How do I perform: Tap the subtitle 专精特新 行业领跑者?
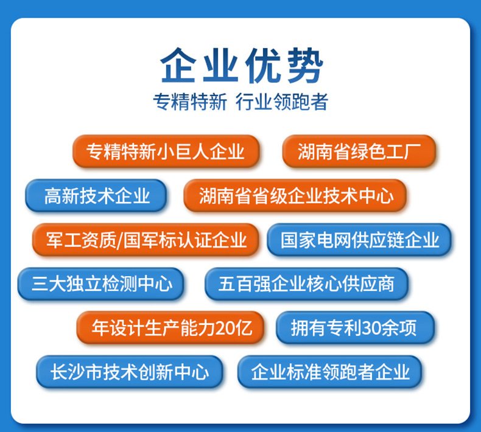pos(240,102)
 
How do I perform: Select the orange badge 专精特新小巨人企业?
pos(166,151)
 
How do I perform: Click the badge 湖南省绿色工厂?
pos(359,151)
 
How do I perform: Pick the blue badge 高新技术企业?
pos(96,195)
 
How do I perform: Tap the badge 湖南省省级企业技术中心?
pos(295,195)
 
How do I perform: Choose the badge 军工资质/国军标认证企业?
pos(146,240)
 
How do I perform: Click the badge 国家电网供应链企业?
pos(359,240)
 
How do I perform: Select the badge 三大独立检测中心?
pos(101,284)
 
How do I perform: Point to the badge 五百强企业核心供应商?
pos(306,284)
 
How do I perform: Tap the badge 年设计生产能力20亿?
pos(172,328)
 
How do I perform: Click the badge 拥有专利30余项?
pos(354,328)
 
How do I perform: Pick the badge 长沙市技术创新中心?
pos(129,372)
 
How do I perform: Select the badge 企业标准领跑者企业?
pos(329,372)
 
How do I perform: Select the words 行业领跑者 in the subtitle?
pos(281,102)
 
